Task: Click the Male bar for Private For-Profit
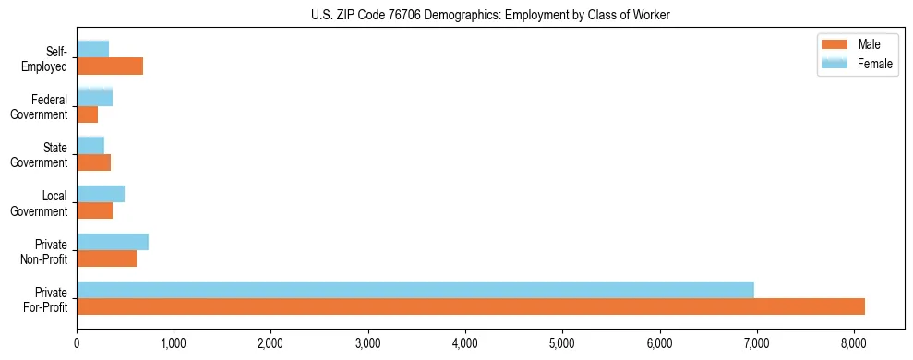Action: [x=471, y=306]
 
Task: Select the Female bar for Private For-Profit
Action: [x=415, y=290]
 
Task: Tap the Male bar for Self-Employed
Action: [x=110, y=66]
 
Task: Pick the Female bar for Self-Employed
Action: [x=93, y=49]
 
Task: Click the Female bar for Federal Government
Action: [x=95, y=97]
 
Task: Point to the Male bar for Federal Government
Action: [x=88, y=114]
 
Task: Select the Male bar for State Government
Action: [x=94, y=162]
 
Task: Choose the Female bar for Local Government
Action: [x=101, y=194]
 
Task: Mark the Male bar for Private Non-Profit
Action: [x=107, y=258]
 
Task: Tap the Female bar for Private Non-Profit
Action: [x=113, y=242]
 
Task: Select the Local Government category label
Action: [x=42, y=203]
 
